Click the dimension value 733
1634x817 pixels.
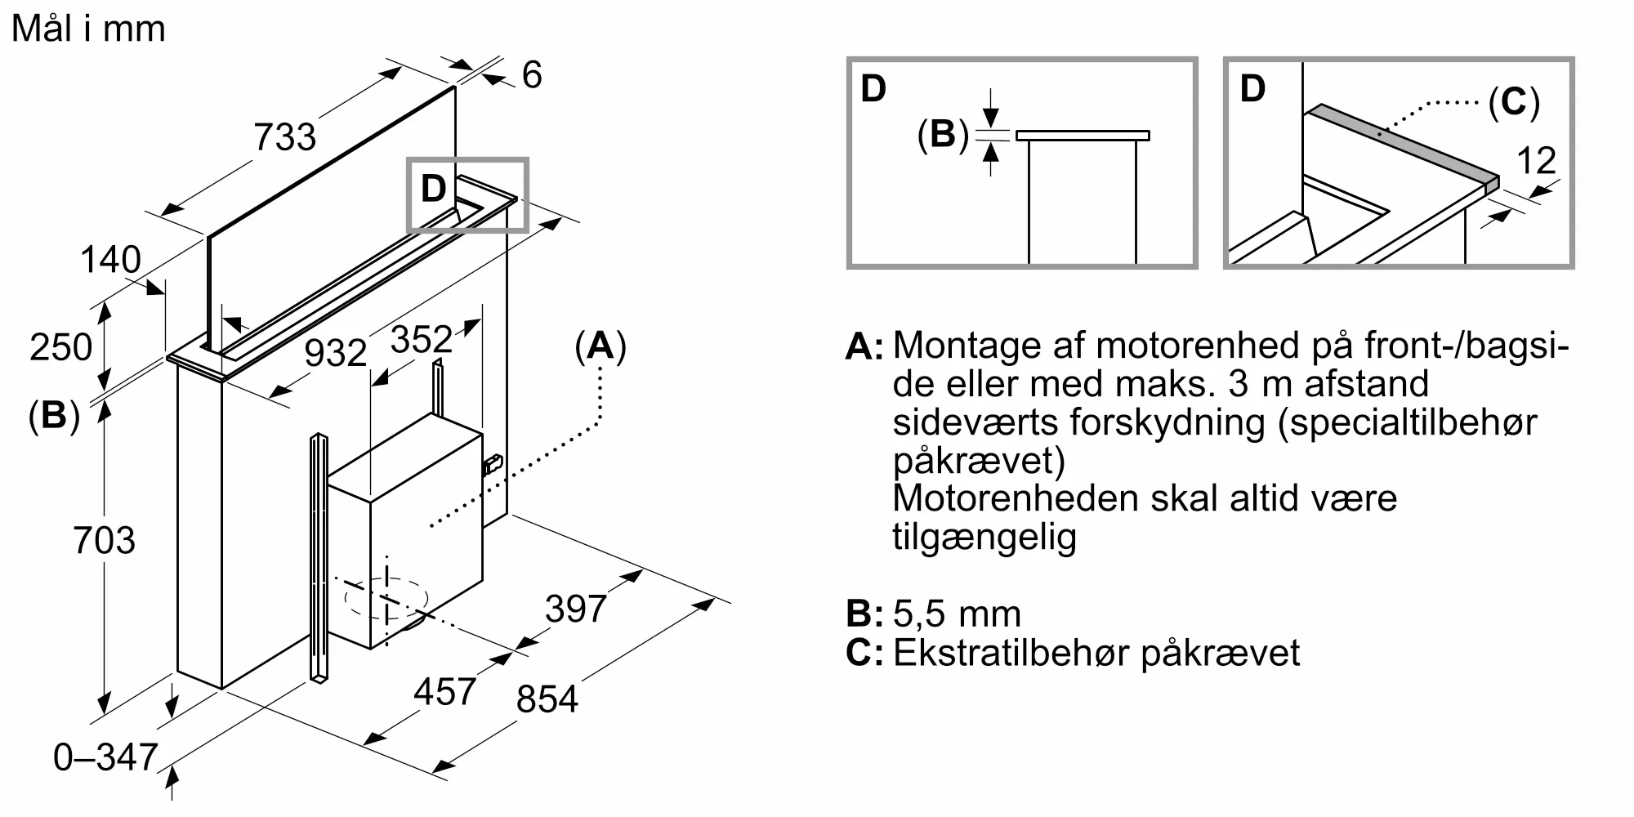click(284, 136)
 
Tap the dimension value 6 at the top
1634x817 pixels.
click(531, 75)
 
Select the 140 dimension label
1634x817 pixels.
click(110, 260)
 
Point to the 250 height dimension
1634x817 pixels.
click(60, 347)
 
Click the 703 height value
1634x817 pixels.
click(104, 541)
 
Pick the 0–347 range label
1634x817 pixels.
click(105, 757)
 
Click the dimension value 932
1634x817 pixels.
click(335, 353)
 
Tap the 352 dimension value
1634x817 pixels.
click(421, 339)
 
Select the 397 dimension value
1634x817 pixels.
click(575, 609)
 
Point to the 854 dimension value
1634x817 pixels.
click(547, 699)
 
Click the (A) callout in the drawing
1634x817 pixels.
click(600, 346)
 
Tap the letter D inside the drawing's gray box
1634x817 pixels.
click(433, 190)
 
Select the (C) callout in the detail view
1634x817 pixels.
click(1513, 102)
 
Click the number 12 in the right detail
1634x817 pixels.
click(1536, 161)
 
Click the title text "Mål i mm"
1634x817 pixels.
click(88, 29)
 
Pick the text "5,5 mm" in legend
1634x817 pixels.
click(957, 614)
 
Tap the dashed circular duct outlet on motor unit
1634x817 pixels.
click(386, 599)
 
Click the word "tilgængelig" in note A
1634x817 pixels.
click(984, 537)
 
